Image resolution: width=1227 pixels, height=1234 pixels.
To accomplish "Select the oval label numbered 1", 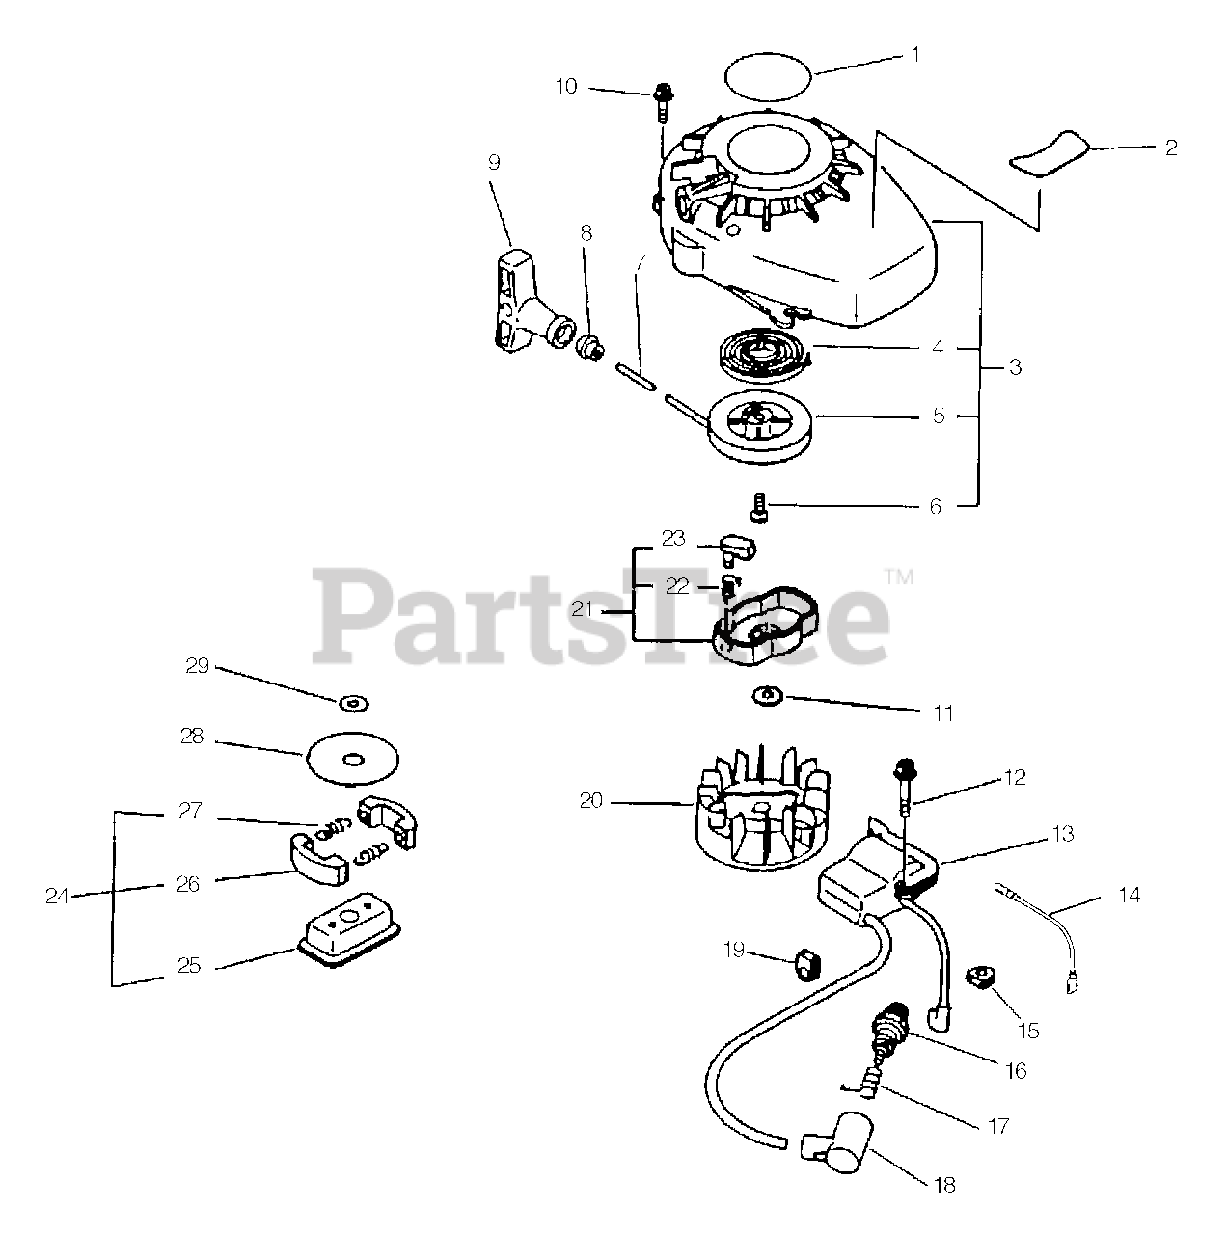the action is pyautogui.click(x=768, y=74).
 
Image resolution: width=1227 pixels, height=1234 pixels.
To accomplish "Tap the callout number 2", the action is pyautogui.click(x=1171, y=148).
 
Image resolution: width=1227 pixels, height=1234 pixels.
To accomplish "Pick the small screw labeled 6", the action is pyautogui.click(x=759, y=504).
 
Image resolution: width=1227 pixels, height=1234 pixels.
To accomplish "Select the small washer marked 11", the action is pyautogui.click(x=766, y=695).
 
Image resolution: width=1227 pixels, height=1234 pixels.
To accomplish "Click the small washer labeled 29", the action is pyautogui.click(x=356, y=704).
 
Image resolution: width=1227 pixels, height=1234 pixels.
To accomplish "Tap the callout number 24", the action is pyautogui.click(x=57, y=896).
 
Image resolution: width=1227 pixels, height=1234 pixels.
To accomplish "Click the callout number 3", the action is pyautogui.click(x=1015, y=367).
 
